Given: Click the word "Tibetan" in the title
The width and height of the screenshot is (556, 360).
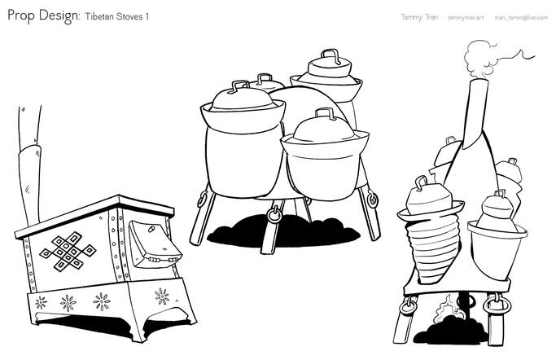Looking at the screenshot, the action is point(99,16).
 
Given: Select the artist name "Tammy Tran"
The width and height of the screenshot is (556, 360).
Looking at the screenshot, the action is point(419,17).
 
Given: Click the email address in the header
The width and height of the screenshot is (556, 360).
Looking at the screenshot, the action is point(521,17).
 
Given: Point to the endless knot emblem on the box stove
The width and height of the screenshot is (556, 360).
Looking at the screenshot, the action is point(68,252).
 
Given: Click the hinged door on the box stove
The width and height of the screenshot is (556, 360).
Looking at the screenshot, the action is point(154,244).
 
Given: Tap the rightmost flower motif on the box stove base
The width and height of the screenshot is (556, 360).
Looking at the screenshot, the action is point(162,296).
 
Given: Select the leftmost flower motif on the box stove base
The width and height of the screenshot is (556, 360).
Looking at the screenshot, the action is point(41,302).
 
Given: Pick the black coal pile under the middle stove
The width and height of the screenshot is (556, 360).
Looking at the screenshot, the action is point(283,230).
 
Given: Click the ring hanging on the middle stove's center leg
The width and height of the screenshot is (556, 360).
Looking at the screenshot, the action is point(274,214).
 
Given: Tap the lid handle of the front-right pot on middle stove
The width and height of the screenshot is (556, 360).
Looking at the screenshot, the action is point(326,113).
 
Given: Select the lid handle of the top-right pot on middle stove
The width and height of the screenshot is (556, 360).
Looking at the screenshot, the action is point(331,55).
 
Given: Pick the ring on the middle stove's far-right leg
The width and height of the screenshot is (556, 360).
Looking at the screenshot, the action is point(372,200).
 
